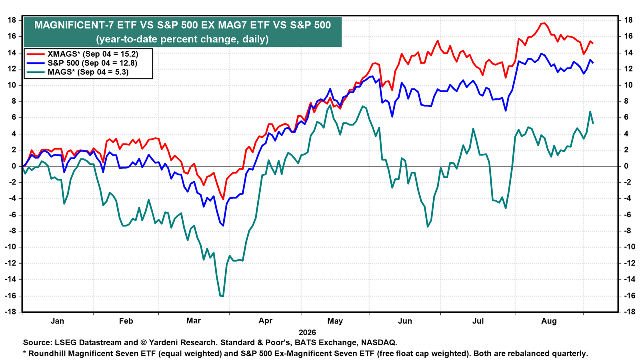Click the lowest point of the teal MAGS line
(x=222, y=296)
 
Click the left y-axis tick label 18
(x=12, y=20)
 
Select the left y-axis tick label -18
(x=10, y=312)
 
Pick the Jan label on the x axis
(x=57, y=321)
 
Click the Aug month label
(x=549, y=321)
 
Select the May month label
(x=335, y=321)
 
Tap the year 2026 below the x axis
(x=307, y=332)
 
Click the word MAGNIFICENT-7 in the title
(x=74, y=25)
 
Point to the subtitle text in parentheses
(x=182, y=39)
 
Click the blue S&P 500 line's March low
(x=223, y=226)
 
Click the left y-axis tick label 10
(x=12, y=85)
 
